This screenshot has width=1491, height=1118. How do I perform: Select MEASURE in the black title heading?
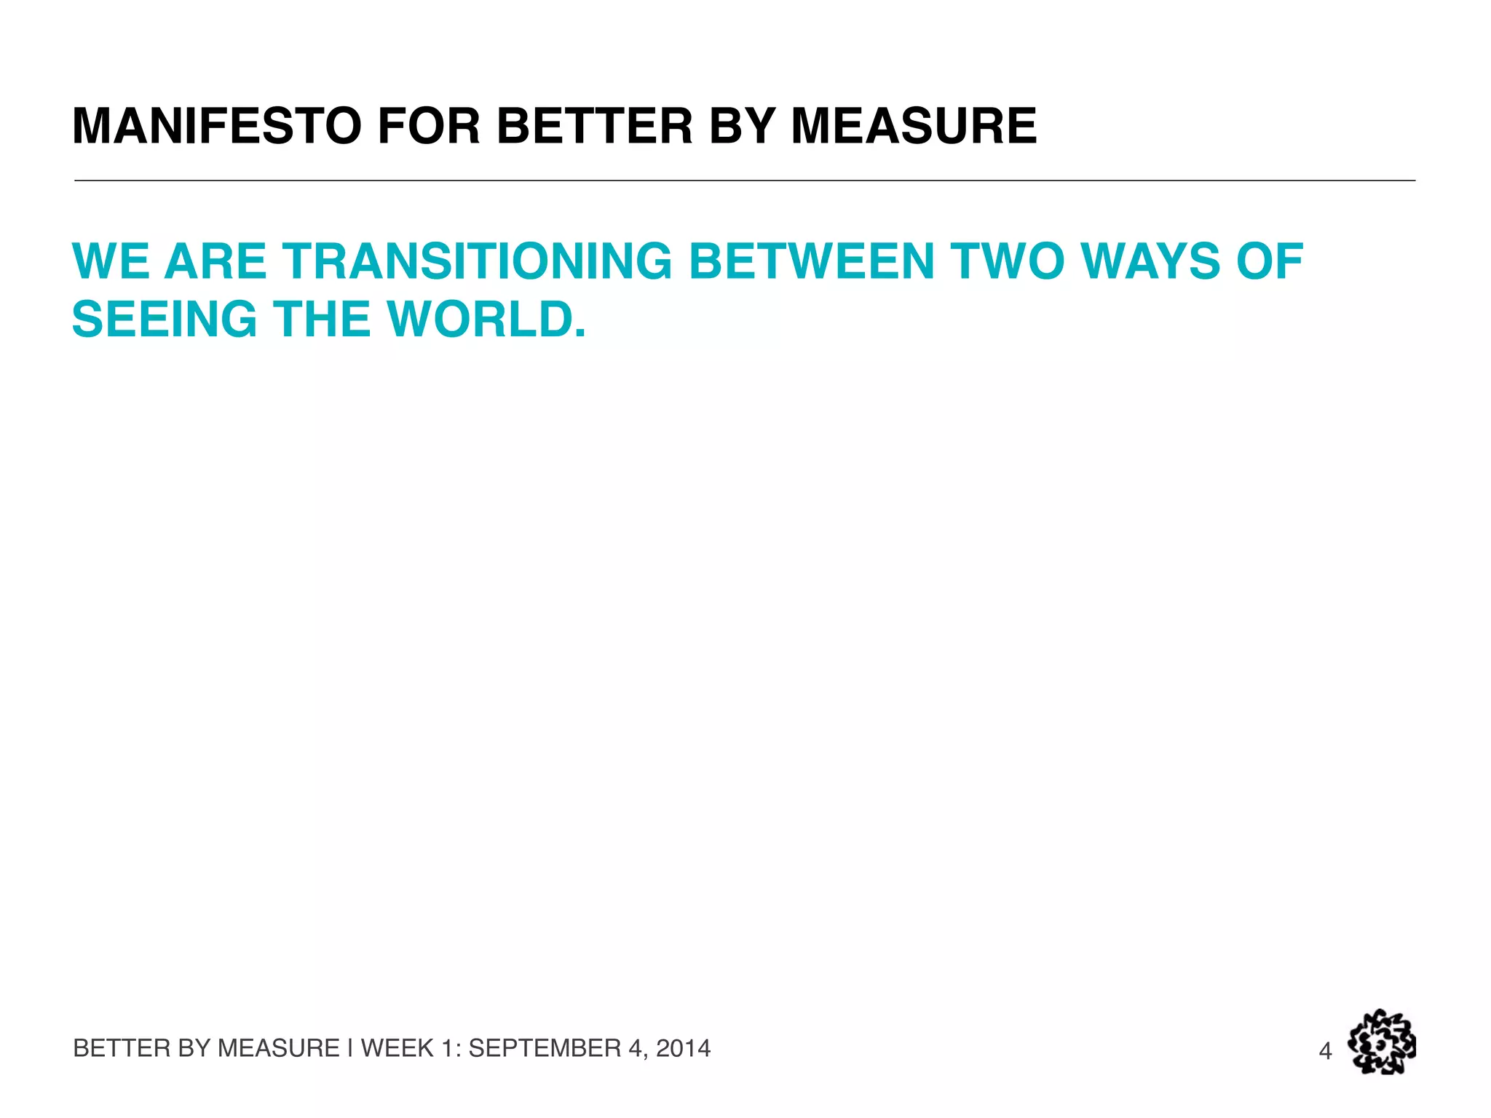click(x=914, y=126)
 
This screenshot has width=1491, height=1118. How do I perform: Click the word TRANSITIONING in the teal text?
click(x=478, y=261)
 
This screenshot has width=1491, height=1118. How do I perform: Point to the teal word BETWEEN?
click(x=811, y=261)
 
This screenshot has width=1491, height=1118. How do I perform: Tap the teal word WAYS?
click(x=1151, y=261)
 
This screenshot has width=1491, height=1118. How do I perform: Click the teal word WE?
click(x=110, y=261)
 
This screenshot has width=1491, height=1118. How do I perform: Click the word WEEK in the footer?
click(x=398, y=1048)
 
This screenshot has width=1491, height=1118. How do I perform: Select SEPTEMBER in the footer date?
click(x=545, y=1048)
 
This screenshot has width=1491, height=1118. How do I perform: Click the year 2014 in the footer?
click(x=683, y=1048)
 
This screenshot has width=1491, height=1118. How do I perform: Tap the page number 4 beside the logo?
click(x=1325, y=1051)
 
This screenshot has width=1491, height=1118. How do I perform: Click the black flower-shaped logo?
click(x=1381, y=1042)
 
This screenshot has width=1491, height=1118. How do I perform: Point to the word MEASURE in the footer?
click(x=279, y=1048)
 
